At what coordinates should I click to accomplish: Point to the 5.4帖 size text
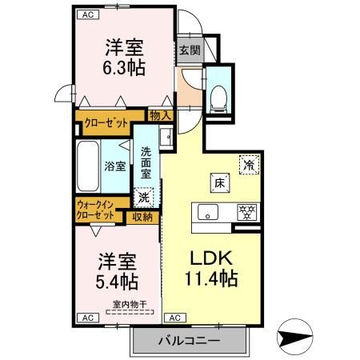[x=117, y=282]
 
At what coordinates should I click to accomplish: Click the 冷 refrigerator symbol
[x=250, y=165]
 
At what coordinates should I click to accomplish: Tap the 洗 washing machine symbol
[x=145, y=194]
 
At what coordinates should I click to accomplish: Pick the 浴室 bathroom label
[x=114, y=166]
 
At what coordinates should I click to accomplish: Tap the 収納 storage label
[x=142, y=216]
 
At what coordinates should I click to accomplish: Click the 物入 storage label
[x=161, y=116]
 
